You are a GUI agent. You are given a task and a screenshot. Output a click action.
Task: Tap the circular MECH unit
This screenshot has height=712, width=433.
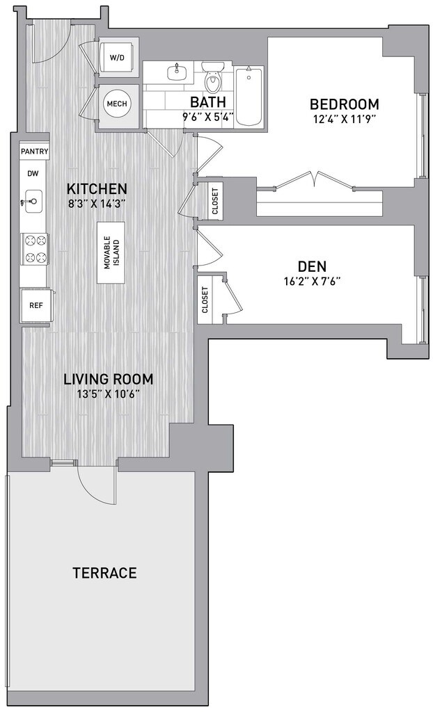(117, 104)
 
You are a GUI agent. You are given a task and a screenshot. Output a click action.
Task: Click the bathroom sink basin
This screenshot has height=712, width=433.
(176, 72)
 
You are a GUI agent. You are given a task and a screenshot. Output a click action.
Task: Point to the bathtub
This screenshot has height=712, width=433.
(249, 96)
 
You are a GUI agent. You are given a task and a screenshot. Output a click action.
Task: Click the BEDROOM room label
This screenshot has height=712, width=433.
(345, 104)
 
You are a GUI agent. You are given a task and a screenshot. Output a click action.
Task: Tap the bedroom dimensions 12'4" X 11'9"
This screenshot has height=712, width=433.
(345, 119)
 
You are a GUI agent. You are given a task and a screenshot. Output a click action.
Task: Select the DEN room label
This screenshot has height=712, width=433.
(312, 266)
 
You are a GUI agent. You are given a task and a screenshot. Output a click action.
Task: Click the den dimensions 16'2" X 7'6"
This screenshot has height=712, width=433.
(312, 281)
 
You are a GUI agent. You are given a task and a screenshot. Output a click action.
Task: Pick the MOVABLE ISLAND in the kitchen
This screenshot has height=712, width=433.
(111, 253)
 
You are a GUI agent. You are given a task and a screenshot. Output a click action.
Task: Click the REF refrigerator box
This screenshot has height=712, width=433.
(36, 306)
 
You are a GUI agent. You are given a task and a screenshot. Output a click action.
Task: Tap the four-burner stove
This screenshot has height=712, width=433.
(35, 248)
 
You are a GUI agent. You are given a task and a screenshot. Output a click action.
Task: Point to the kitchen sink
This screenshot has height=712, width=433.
(33, 201)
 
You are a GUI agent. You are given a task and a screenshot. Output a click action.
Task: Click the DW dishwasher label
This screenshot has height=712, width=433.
(33, 173)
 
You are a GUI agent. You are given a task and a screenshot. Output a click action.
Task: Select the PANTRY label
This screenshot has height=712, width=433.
(35, 151)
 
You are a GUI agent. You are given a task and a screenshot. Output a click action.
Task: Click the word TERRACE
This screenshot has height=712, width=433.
(104, 573)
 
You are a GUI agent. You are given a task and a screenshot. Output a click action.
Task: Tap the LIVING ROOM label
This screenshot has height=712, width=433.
(109, 378)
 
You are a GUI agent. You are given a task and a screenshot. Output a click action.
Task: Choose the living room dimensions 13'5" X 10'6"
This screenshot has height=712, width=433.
(109, 393)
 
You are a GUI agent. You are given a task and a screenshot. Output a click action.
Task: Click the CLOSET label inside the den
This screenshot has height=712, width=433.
(205, 300)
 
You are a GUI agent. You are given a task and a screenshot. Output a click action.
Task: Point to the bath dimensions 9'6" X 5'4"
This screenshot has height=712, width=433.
(208, 117)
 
